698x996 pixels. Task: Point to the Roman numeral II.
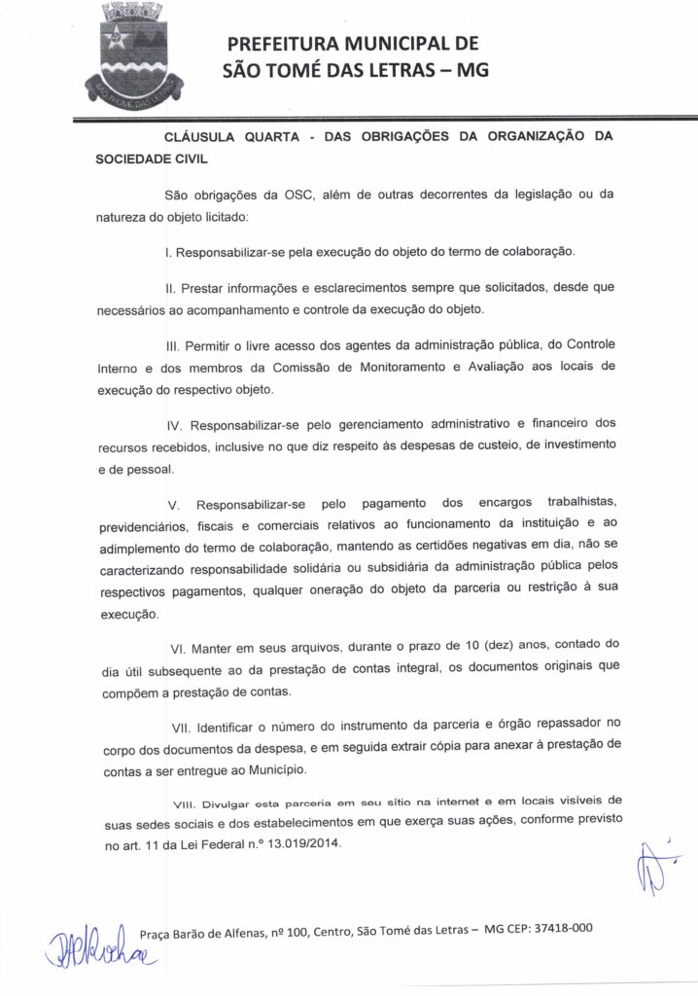(x=169, y=288)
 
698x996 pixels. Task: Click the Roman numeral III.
(x=172, y=345)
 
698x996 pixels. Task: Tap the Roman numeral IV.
(x=174, y=425)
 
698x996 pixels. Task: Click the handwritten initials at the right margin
(x=652, y=865)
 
